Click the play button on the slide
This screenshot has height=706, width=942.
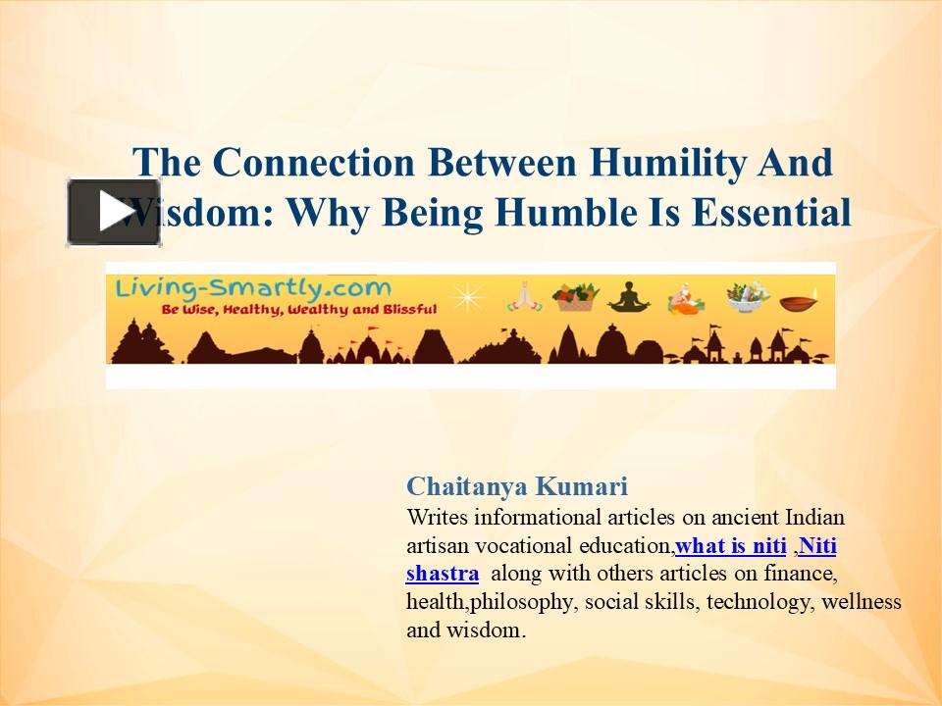tap(114, 212)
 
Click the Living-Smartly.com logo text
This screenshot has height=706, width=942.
tap(252, 288)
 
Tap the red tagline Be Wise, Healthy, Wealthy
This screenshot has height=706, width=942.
tap(285, 309)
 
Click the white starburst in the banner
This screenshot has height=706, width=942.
tap(468, 296)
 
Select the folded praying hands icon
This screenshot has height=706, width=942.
tap(524, 296)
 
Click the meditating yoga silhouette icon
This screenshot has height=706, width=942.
tap(628, 296)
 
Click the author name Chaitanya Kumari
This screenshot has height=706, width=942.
tap(517, 486)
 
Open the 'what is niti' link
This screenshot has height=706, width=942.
tap(731, 545)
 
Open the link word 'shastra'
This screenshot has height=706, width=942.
tap(443, 574)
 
